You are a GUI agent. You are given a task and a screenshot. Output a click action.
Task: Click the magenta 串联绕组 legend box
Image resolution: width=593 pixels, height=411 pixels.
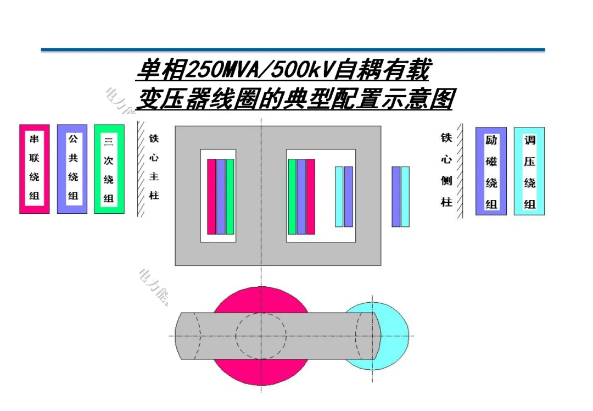click(35, 169)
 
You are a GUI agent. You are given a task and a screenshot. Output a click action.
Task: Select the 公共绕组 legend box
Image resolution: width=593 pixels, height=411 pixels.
click(72, 169)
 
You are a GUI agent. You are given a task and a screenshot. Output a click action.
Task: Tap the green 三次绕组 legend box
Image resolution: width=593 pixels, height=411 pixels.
click(109, 169)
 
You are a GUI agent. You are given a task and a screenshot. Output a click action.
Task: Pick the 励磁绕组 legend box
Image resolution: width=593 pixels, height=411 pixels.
click(491, 171)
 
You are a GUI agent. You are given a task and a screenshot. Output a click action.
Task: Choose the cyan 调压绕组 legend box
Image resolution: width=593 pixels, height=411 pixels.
click(529, 171)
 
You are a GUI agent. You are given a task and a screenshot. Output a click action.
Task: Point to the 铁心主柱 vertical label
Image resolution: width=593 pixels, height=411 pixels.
click(154, 168)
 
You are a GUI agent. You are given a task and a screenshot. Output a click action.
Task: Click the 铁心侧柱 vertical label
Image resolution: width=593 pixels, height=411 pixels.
click(446, 170)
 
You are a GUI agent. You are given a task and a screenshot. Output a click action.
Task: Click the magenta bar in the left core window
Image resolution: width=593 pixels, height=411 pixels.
click(211, 196)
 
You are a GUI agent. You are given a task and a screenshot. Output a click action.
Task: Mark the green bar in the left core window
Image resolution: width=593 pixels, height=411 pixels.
click(230, 196)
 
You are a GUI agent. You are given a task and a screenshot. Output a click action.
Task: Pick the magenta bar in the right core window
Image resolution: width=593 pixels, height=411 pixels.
click(311, 196)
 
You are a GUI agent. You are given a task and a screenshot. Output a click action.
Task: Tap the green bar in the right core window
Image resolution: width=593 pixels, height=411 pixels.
click(292, 196)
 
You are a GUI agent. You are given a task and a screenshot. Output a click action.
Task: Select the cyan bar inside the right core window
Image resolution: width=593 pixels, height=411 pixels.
click(339, 196)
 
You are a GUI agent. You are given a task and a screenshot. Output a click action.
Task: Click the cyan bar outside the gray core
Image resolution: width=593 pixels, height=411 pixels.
click(405, 196)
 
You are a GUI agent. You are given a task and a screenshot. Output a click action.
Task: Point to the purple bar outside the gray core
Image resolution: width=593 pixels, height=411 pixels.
click(396, 196)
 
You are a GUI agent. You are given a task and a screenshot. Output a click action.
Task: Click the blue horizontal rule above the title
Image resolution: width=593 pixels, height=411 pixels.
click(293, 50)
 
